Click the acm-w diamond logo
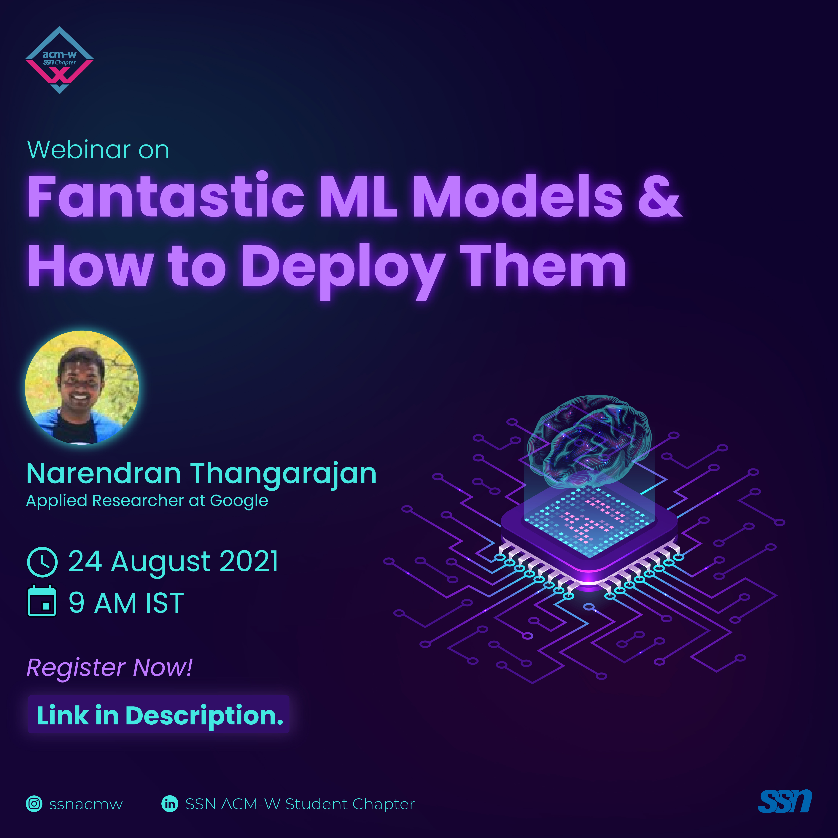[59, 60]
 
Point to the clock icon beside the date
[42, 562]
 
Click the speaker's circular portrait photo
[82, 387]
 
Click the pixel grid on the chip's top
[589, 521]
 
